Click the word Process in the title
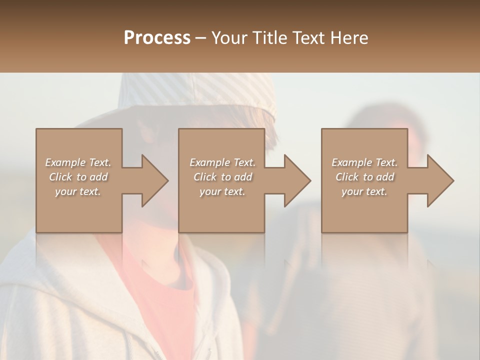(157, 37)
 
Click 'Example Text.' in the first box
(78, 162)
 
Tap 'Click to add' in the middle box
(222, 177)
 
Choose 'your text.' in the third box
(364, 191)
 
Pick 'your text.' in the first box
(78, 191)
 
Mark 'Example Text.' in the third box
(364, 162)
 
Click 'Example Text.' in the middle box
(222, 162)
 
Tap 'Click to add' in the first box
(78, 177)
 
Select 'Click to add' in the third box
(364, 177)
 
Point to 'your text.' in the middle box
(222, 191)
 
